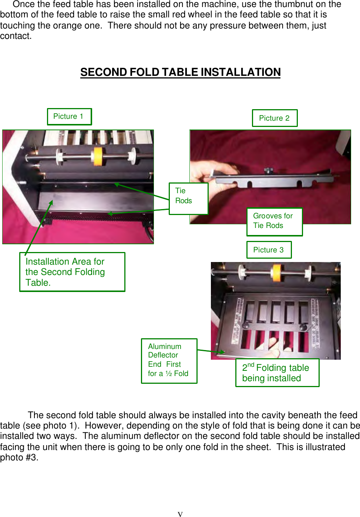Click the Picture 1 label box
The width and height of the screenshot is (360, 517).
pos(69,117)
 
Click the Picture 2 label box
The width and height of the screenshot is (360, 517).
pos(275,118)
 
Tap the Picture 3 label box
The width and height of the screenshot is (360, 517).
pos(269,250)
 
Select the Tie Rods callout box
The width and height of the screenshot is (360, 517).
pos(188,198)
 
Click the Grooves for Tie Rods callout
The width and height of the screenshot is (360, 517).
pos(274,221)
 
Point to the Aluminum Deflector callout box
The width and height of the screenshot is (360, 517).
pos(169,360)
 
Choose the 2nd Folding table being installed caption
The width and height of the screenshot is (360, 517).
pos(277,373)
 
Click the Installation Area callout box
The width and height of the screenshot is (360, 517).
pos(72,272)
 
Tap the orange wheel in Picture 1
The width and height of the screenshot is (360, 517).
pos(98,156)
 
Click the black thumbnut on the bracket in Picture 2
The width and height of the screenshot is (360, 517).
pos(268,170)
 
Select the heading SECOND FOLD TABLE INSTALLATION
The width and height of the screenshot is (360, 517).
pos(180,72)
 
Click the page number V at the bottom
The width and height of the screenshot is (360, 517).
pos(180,514)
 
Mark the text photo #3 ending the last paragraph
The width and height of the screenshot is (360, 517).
pos(19,457)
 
